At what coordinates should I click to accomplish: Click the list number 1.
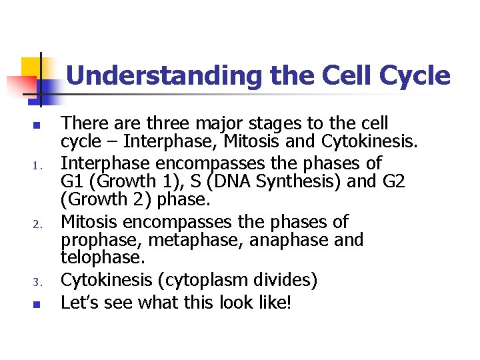[39, 164]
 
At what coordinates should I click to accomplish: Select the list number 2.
[39, 223]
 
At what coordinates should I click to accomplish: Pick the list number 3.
[39, 282]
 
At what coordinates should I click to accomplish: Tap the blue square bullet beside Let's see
[38, 304]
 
